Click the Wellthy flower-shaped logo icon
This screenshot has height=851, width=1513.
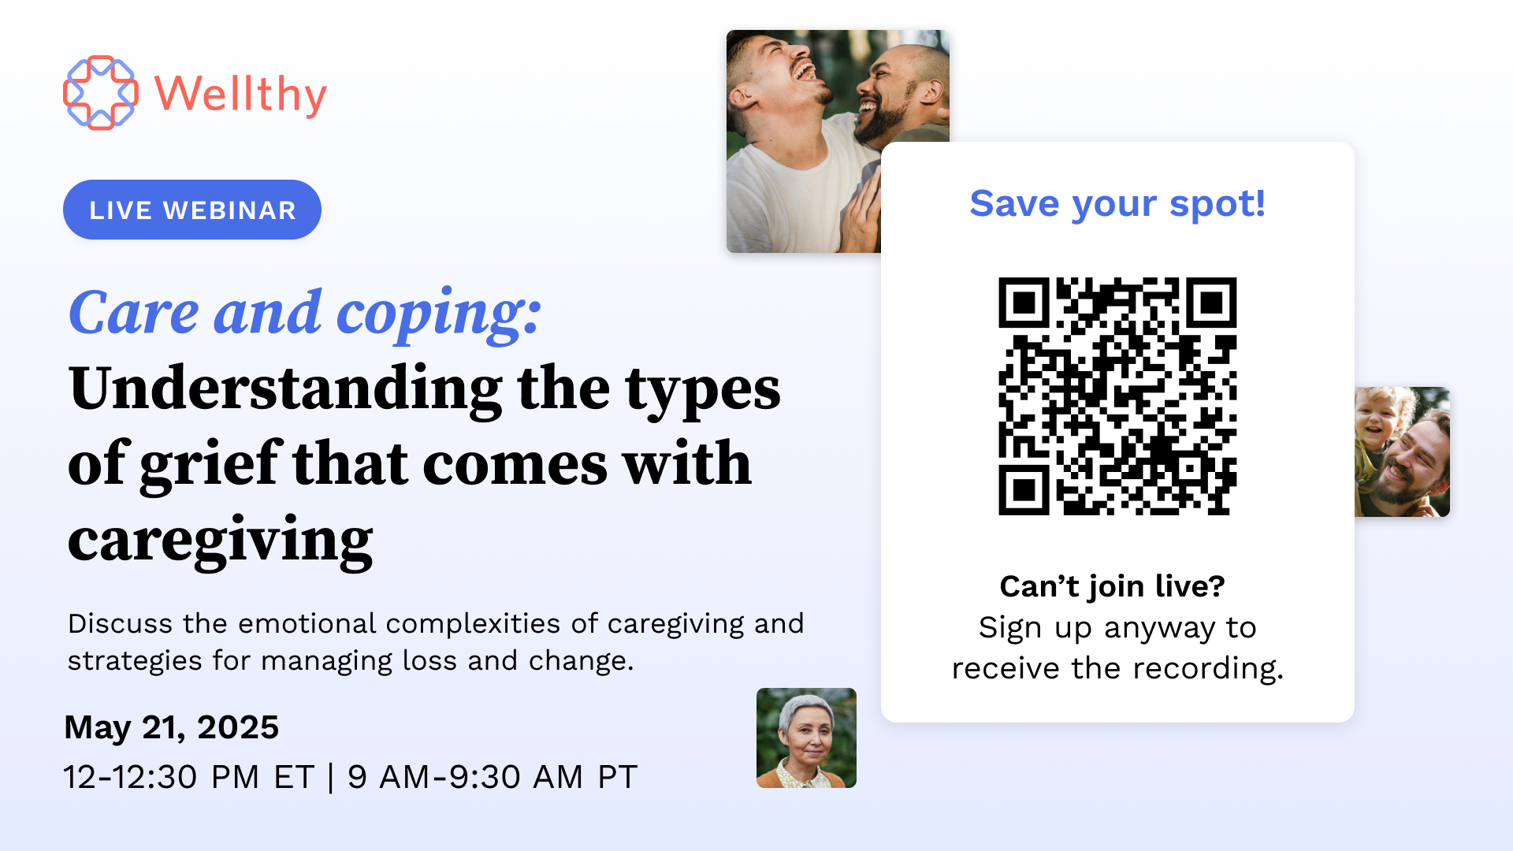(100, 93)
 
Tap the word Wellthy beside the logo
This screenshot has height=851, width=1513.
(240, 95)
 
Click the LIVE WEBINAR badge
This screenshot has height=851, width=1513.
(192, 210)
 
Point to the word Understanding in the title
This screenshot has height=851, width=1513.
(285, 389)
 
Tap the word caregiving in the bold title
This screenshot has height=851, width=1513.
(220, 541)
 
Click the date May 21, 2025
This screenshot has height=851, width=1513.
(171, 727)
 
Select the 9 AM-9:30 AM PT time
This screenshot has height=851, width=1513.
(492, 777)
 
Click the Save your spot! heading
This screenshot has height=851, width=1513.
(1117, 203)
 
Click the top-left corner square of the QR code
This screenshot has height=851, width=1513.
(1024, 303)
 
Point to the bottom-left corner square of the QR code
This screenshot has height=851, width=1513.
(1024, 490)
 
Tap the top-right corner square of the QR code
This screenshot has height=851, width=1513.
(1211, 303)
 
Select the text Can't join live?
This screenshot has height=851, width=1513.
(1112, 586)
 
